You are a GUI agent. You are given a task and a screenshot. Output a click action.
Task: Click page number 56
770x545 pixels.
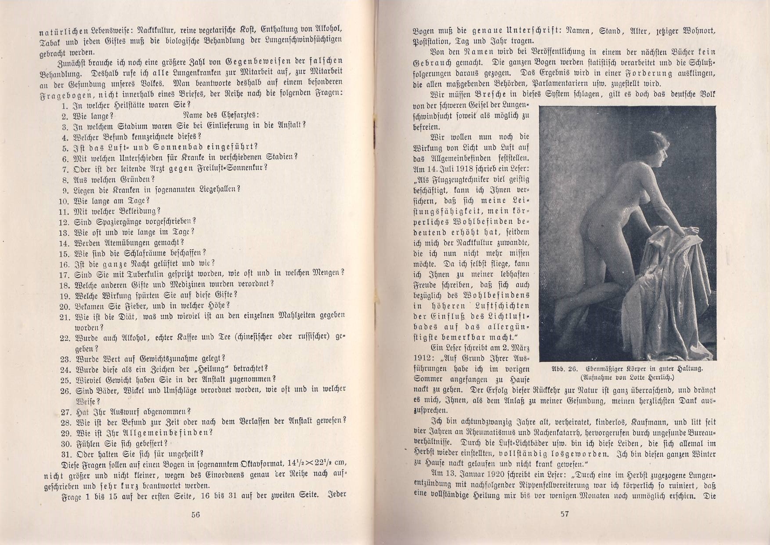click(195, 515)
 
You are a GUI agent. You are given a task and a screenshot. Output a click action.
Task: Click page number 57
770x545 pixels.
click(564, 514)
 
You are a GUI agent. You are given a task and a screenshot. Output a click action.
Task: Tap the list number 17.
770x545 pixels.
click(65, 275)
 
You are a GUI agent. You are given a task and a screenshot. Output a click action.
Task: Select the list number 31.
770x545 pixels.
click(66, 454)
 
